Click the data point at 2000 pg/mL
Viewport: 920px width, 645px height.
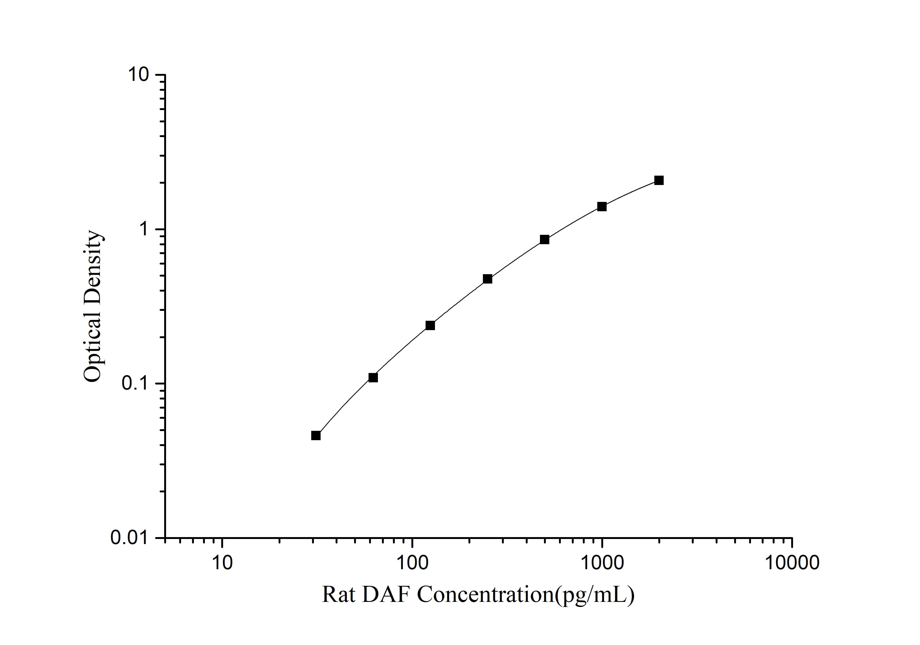(x=659, y=180)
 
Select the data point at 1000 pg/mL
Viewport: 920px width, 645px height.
(x=602, y=206)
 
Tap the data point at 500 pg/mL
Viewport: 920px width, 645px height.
(x=545, y=240)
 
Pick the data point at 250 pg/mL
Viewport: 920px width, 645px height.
(x=488, y=279)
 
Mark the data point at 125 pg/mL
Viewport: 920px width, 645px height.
(x=430, y=325)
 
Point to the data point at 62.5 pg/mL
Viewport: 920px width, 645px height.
(x=373, y=377)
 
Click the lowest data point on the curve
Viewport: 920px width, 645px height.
(x=316, y=435)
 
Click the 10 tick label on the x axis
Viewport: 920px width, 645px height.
(x=222, y=563)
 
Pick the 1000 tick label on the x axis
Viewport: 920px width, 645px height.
(x=602, y=563)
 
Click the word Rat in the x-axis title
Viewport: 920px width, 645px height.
(x=339, y=594)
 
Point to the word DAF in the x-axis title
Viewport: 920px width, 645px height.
(x=387, y=594)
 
